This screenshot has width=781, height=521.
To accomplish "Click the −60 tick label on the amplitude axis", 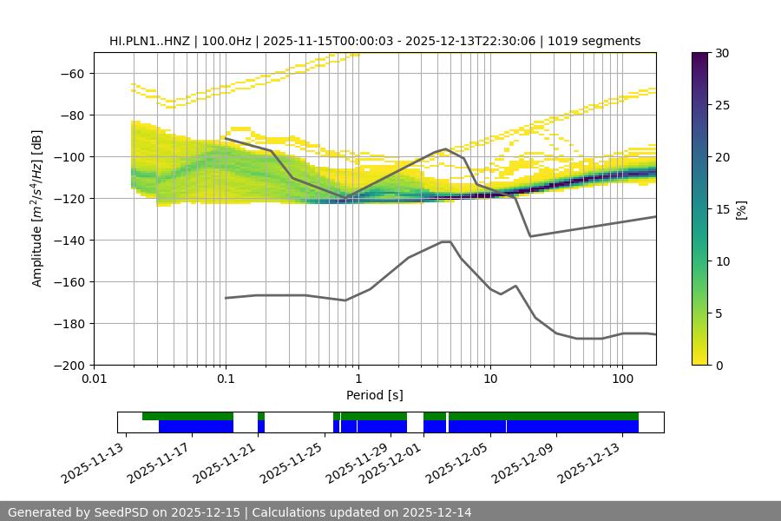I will [x=72, y=73].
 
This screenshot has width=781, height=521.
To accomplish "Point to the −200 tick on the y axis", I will [x=69, y=365].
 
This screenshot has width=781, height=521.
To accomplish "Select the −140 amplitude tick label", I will [x=69, y=240].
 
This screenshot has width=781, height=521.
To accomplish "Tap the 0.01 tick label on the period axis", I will [x=94, y=379].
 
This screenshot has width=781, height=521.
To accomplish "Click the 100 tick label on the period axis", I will [x=622, y=379].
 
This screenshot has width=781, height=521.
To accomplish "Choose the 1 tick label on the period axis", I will [x=358, y=379].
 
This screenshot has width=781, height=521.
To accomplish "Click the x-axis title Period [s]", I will [x=375, y=395].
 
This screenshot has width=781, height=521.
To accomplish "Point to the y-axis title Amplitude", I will [x=37, y=208].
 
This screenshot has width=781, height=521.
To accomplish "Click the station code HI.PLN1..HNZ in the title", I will [x=150, y=41].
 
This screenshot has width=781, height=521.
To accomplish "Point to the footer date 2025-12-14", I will [x=437, y=512].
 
